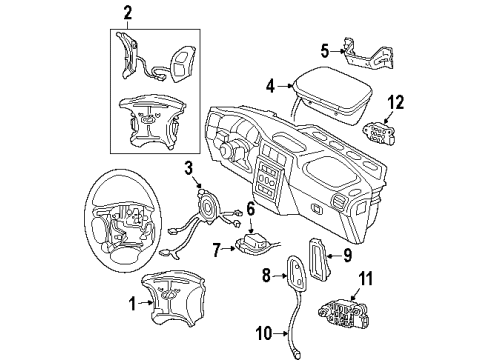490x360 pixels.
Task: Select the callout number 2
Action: (x=127, y=13)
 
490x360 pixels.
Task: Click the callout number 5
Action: (x=324, y=49)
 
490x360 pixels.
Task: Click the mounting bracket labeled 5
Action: (x=361, y=50)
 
